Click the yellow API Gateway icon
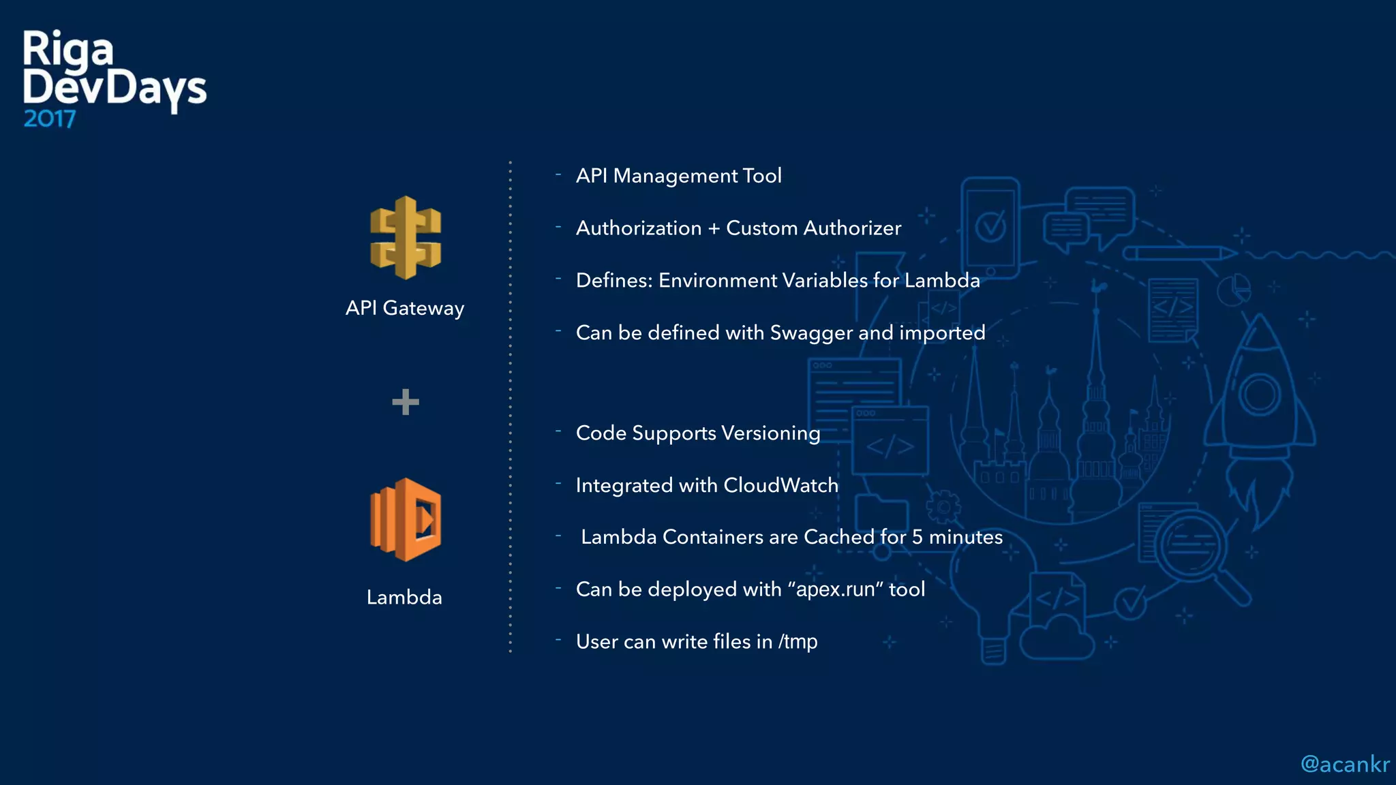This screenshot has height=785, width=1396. (406, 238)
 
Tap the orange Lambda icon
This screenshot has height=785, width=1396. (406, 520)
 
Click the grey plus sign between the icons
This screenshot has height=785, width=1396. (406, 402)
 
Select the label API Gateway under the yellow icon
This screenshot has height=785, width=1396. (405, 308)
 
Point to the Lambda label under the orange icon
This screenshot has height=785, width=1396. (404, 598)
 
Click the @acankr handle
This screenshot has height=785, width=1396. (1344, 765)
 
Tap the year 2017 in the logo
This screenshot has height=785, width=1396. (50, 119)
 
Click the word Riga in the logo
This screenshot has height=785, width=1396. (67, 50)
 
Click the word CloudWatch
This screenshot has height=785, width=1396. (780, 485)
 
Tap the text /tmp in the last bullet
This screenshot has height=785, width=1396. (798, 642)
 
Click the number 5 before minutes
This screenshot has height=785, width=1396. (917, 537)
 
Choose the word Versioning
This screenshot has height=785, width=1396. (770, 433)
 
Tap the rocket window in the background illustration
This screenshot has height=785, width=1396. (1259, 395)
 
